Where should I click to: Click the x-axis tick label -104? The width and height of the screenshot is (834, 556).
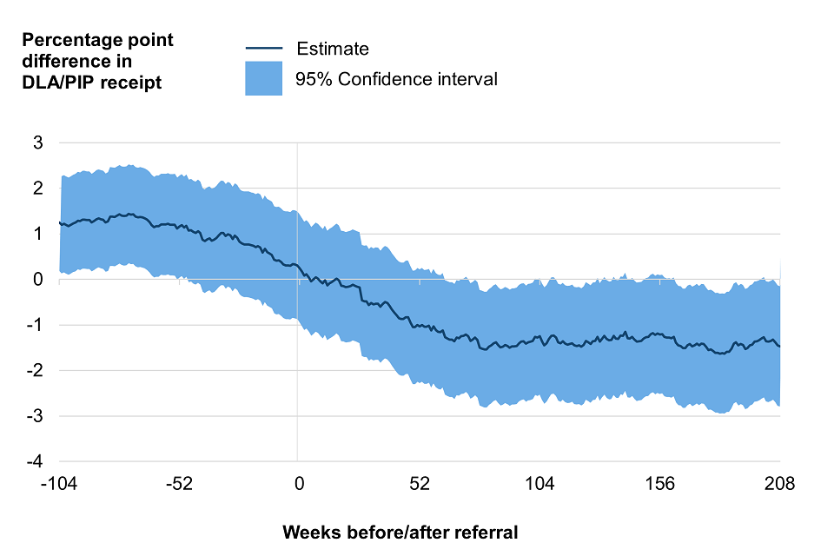pos(59,484)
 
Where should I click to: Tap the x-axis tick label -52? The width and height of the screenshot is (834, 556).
pos(179,484)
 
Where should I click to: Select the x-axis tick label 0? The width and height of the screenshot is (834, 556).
pos(298,484)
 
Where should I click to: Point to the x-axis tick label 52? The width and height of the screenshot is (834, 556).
pos(420,484)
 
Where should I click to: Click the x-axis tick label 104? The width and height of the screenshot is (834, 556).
pos(539,484)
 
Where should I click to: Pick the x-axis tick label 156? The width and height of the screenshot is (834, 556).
pos(660,484)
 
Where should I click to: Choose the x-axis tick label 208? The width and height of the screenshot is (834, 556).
pos(779,484)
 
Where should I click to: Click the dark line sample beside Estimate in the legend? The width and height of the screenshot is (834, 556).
pos(263,49)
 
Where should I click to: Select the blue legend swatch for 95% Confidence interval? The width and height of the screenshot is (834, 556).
pos(263,78)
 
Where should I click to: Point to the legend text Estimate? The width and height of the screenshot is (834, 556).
pos(333,49)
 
